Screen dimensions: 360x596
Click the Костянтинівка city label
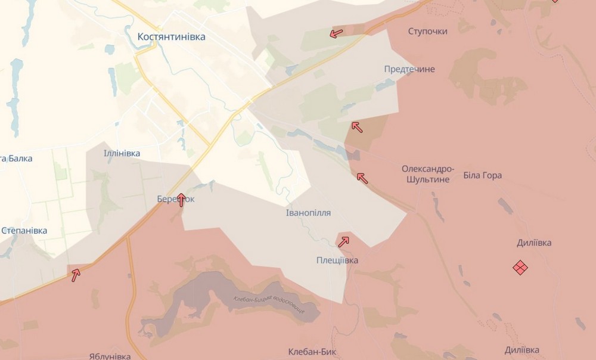tap(171, 36)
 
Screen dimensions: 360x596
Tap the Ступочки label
tap(428, 31)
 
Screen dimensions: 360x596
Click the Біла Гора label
tap(482, 175)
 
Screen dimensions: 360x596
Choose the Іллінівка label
tap(122, 153)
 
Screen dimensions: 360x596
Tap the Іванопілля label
tap(308, 213)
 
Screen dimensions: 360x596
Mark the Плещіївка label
tap(337, 260)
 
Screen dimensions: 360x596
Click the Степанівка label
tap(24, 230)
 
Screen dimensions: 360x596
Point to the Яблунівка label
tap(110, 356)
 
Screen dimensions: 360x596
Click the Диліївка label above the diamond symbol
tap(533, 243)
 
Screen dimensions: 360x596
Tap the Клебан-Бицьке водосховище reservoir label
tap(269, 305)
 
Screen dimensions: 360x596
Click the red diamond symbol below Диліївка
tap(520, 268)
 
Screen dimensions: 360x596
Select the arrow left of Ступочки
tap(336, 33)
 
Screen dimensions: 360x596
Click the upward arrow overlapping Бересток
tap(181, 200)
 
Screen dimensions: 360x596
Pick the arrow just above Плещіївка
tap(343, 241)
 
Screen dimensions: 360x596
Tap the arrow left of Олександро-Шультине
tap(362, 177)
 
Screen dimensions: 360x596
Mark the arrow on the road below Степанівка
tap(76, 275)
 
